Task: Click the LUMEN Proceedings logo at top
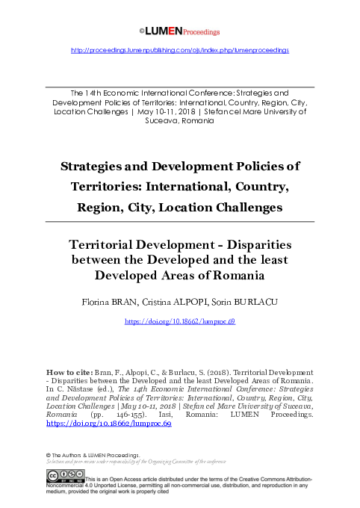[179, 31]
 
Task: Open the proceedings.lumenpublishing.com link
[179, 50]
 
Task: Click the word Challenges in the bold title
[245, 207]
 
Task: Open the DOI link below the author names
[179, 320]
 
